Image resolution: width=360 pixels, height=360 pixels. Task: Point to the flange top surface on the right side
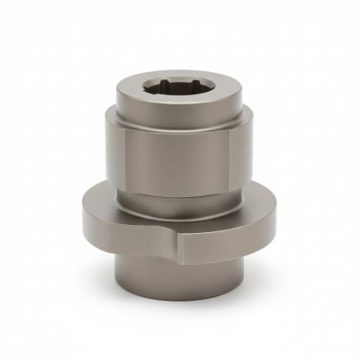[261, 216]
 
